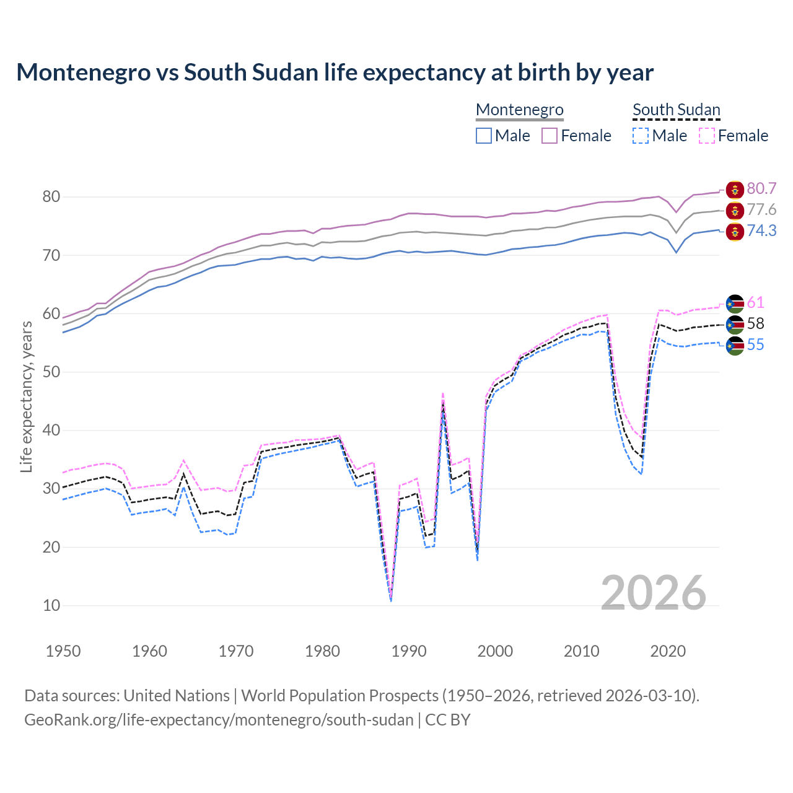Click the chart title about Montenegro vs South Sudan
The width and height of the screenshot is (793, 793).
335,72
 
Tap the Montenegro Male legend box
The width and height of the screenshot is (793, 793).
484,136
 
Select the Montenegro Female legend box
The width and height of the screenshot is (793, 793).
550,136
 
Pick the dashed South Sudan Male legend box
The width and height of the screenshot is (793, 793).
641,136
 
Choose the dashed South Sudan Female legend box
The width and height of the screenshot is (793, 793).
706,136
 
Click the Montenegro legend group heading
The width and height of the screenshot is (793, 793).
519,110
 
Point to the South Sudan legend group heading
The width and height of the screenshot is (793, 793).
676,110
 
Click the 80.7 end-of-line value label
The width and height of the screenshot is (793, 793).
761,188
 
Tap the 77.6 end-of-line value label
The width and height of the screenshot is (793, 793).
761,209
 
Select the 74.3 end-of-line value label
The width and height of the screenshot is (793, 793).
761,230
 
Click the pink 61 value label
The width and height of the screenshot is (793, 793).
755,302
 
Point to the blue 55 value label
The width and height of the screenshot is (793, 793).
755,344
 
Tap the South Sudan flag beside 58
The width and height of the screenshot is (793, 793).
735,324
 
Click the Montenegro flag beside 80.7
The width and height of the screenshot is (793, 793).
735,189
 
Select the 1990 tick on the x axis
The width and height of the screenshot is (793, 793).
409,651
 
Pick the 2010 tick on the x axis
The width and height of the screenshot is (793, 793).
582,651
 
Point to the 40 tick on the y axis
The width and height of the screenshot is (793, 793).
51,430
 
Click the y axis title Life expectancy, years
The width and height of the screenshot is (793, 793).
26,396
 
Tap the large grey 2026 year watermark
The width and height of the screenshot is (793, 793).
653,593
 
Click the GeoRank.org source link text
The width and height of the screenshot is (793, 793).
219,720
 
